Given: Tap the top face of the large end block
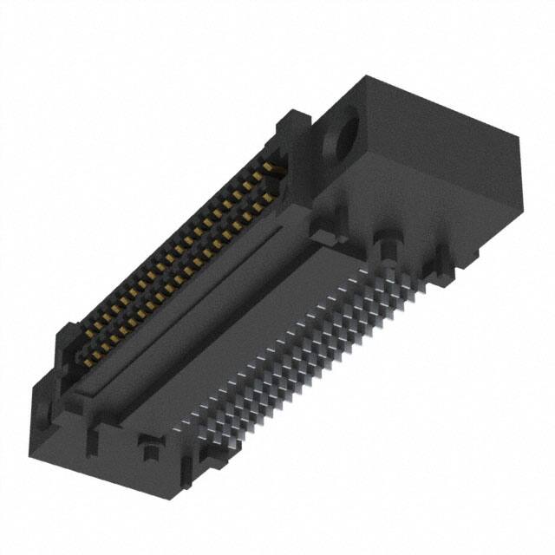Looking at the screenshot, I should pyautogui.click(x=434, y=113).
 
